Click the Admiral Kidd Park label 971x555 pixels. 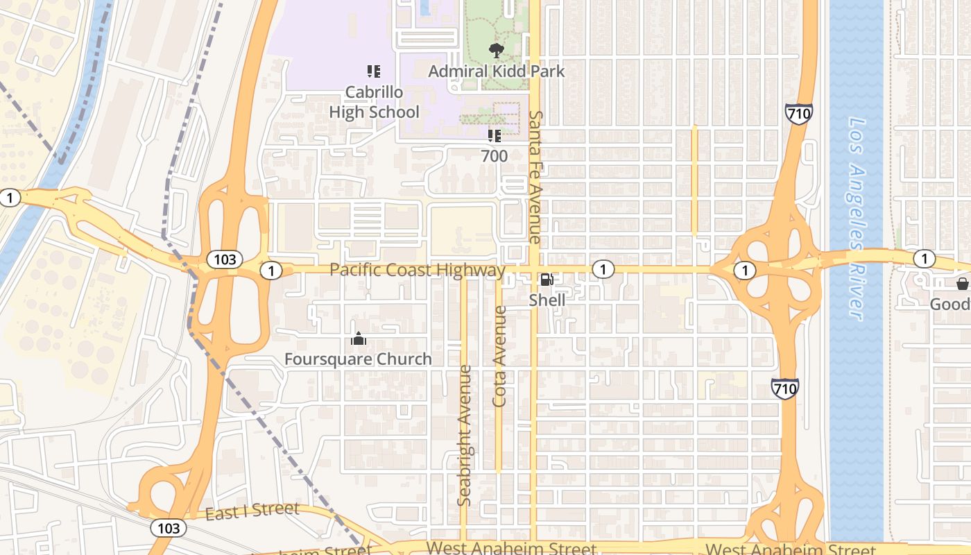tap(497, 71)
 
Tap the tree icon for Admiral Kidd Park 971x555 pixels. tap(496, 50)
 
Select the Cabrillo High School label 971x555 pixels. tap(374, 102)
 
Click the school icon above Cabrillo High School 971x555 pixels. tap(374, 71)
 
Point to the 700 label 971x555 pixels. tap(495, 156)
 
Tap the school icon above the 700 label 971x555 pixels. tap(494, 135)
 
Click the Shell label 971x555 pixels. tap(547, 300)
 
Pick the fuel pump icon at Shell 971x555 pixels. tap(547, 280)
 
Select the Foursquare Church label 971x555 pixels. tap(358, 359)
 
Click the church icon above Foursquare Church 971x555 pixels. tap(359, 339)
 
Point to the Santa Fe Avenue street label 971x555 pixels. tap(535, 176)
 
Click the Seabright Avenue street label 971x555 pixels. tap(465, 435)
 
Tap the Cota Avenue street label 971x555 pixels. tap(499, 356)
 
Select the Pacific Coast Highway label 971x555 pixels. tap(418, 270)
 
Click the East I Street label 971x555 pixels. tap(252, 511)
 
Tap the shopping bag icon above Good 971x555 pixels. tap(962, 283)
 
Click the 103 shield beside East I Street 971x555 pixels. tap(169, 528)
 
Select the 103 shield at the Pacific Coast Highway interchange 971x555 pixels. tap(224, 260)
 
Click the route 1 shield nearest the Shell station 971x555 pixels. tap(603, 269)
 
